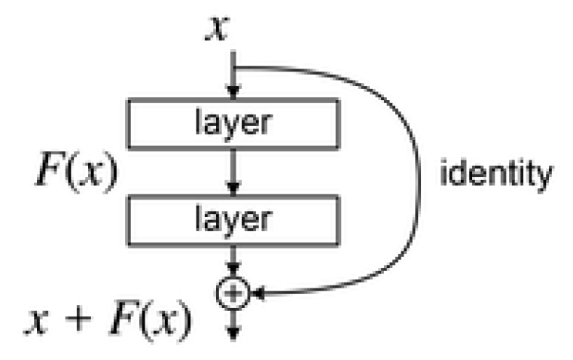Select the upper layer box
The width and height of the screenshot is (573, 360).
[x=234, y=122]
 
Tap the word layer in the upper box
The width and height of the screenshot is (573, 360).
[x=234, y=122]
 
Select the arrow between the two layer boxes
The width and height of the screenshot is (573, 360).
[x=234, y=172]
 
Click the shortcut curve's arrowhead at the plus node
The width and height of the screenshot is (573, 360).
[x=256, y=294]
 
